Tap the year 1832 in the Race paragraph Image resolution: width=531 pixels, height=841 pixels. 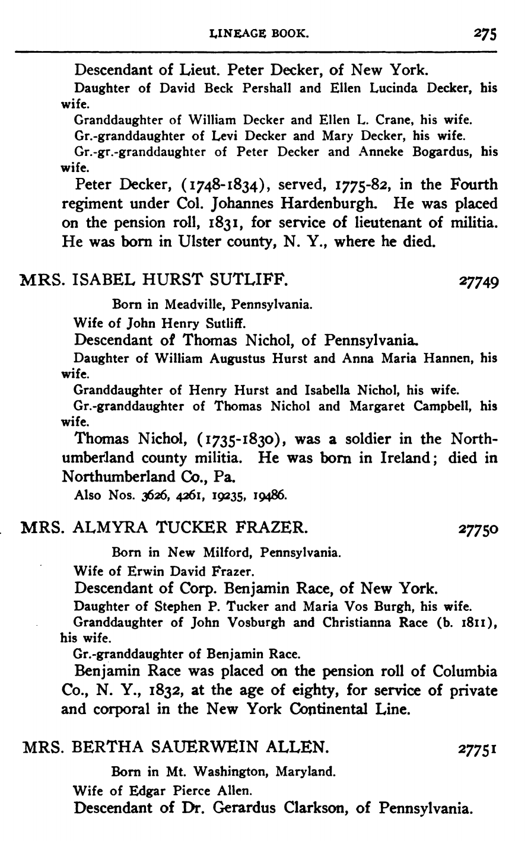pyautogui.click(x=167, y=691)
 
